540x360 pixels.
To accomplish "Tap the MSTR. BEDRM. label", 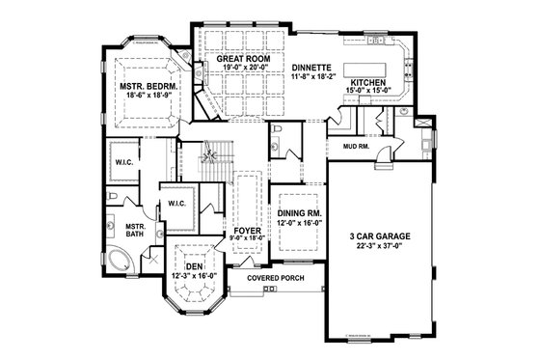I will [x=148, y=86].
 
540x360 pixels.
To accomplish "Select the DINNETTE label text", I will [x=311, y=68].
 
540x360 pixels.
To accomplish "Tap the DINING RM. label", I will [x=298, y=213].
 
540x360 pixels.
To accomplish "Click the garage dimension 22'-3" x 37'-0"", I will [x=374, y=244].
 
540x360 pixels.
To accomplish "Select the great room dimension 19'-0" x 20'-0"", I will [x=241, y=69].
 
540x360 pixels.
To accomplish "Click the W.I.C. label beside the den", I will [x=177, y=204].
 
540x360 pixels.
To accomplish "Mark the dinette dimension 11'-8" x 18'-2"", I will [x=311, y=77].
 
